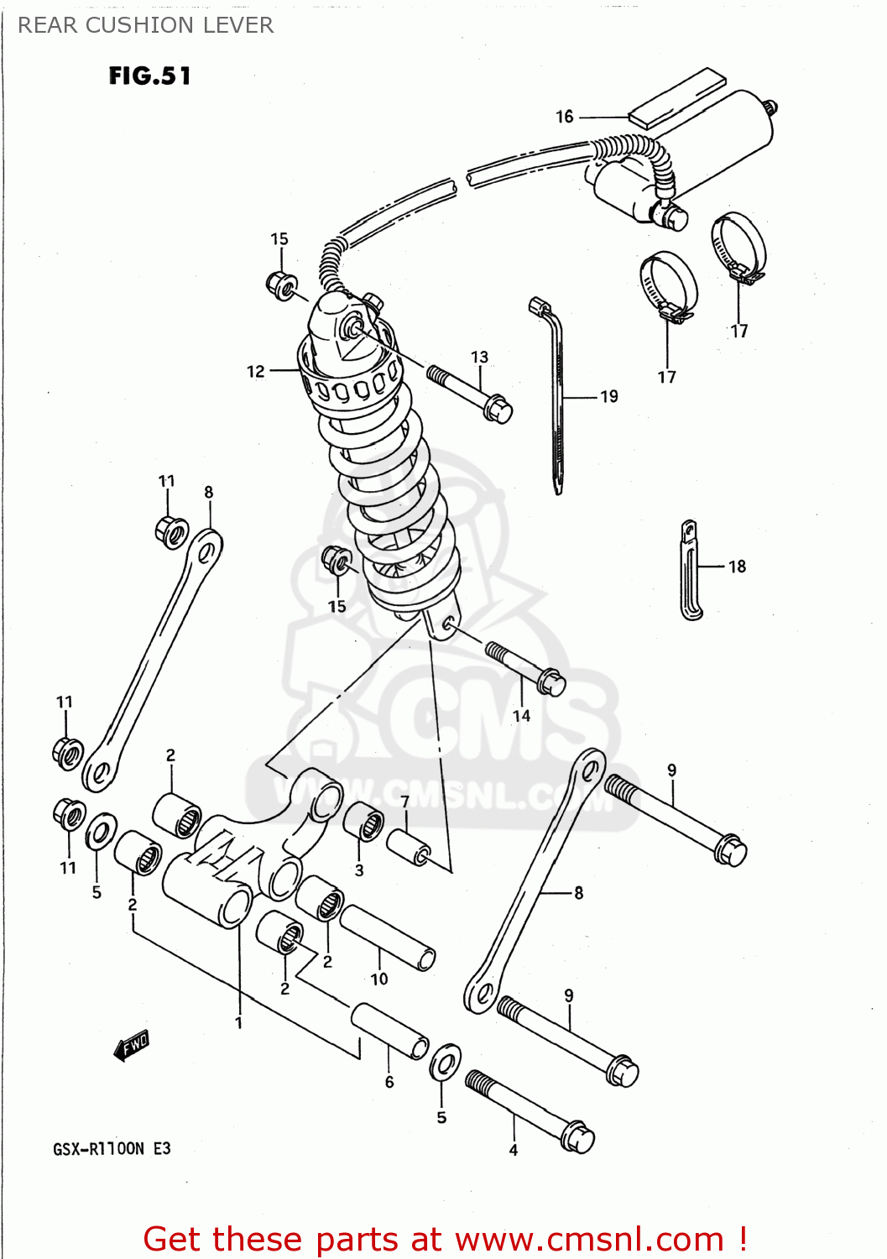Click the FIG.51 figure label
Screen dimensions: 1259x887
149,76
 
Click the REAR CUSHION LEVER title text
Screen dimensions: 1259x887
145,25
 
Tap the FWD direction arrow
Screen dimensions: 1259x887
132,1046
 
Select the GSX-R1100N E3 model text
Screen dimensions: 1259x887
112,1148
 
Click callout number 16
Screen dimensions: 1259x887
565,117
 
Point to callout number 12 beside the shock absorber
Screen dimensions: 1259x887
256,371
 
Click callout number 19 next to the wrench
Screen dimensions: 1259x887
609,396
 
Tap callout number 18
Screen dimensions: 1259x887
737,567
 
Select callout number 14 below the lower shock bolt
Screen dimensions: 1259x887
521,715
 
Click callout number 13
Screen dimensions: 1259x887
479,357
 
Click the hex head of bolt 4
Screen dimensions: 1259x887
577,1138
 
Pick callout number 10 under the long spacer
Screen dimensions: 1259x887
379,979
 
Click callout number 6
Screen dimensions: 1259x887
389,1082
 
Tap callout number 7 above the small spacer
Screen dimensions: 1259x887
405,802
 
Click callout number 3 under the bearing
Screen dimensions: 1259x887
359,870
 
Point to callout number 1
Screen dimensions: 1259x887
238,1022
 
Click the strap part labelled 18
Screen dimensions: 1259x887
691,571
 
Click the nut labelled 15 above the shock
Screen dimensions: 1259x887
280,285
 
